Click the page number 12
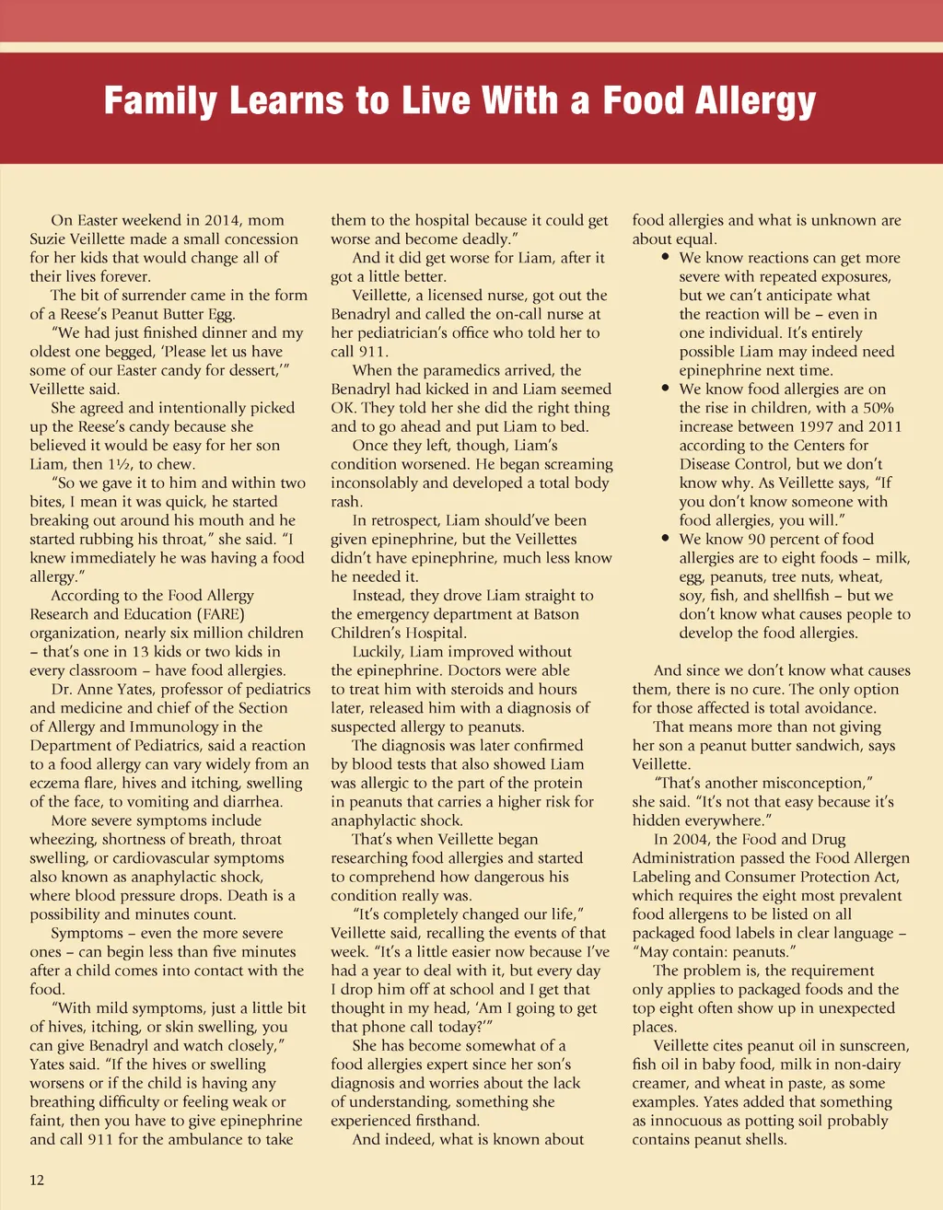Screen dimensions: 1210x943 click(x=37, y=1180)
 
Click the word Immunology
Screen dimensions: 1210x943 click(x=164, y=727)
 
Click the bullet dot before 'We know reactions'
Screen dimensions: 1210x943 click(x=665, y=258)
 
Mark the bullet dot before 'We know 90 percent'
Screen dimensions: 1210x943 click(x=665, y=539)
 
